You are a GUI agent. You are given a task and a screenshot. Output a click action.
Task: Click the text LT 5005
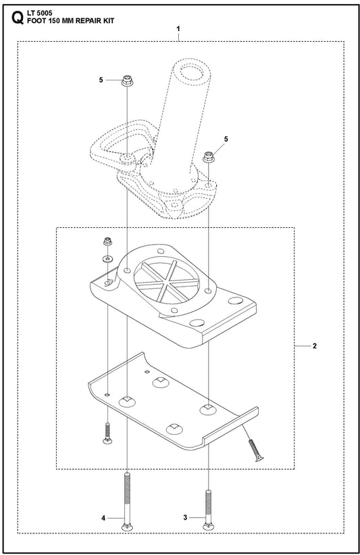40,14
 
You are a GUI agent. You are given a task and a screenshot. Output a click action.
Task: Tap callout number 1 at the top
178,28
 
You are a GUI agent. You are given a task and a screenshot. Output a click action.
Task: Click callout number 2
315,346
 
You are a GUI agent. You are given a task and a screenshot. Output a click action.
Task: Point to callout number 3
185,517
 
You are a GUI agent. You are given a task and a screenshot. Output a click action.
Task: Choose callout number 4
103,518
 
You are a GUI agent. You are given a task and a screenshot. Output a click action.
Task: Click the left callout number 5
101,80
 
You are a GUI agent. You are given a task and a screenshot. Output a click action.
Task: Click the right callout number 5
226,139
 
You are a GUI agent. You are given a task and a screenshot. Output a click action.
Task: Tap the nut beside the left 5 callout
127,80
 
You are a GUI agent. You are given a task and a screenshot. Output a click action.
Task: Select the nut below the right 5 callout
209,156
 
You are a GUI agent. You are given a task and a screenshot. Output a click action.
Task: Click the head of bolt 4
127,527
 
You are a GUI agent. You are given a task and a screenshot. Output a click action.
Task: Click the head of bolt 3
209,527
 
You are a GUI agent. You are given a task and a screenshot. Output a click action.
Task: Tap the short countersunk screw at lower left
107,433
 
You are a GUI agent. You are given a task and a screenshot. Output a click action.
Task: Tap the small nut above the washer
107,243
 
